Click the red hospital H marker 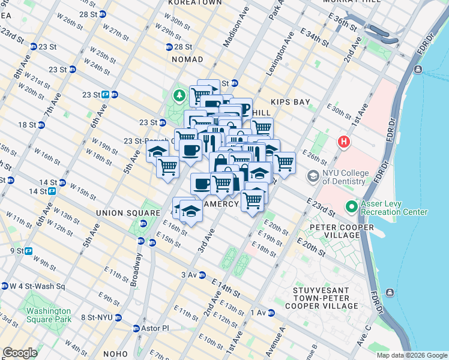pos(343,142)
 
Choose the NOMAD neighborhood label pos(187,60)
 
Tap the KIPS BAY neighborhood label pos(290,102)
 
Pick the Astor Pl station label pos(155,329)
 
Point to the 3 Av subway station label pos(189,275)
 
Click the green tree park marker pos(179,95)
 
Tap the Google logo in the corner pos(20,353)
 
